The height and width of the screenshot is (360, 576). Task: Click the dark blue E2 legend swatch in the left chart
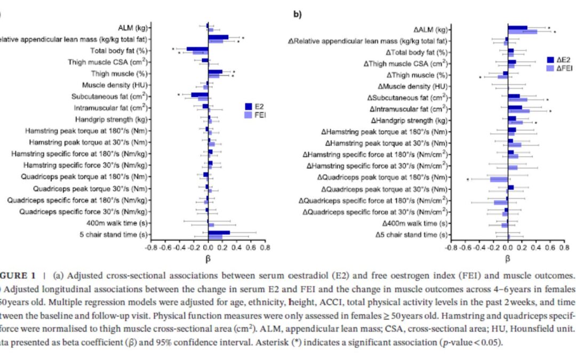click(x=248, y=106)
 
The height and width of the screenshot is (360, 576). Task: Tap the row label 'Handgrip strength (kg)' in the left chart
click(x=111, y=119)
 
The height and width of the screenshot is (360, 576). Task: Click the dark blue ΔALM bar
click(x=517, y=28)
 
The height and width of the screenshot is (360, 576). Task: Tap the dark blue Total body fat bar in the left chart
click(x=197, y=49)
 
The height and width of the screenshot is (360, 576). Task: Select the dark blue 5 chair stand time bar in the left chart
click(x=219, y=233)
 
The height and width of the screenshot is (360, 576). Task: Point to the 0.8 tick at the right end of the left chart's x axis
click(x=265, y=247)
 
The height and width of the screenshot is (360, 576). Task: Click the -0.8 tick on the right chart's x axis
click(x=451, y=247)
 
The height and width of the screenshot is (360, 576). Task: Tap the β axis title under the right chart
click(x=507, y=259)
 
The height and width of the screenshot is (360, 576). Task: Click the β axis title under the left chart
click(x=208, y=259)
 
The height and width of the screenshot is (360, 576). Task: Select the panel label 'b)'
click(x=298, y=14)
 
